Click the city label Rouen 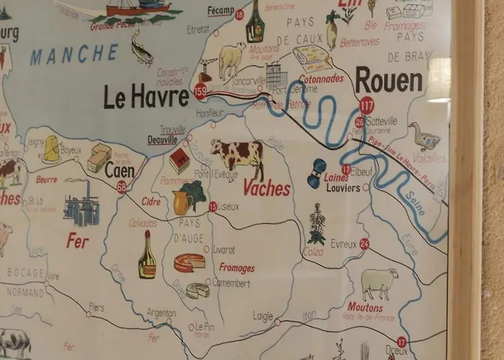point(389,81)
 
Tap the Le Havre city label point(146,96)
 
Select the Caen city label point(120,171)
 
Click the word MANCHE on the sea point(74,54)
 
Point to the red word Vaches point(266,188)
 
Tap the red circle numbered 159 point(201,91)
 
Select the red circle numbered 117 point(366,105)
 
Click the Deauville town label point(163,140)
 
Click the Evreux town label point(343,244)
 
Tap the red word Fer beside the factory point(77,240)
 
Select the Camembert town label point(231,283)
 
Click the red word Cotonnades point(321,78)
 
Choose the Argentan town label point(161,313)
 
